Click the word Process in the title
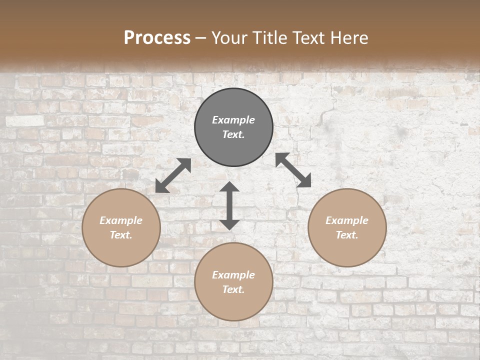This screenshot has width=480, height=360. [157, 38]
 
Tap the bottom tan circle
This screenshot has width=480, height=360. [233, 305]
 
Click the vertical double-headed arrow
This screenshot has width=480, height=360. [229, 205]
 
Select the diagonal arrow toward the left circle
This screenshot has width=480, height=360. [173, 175]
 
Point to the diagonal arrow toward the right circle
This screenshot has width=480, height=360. [293, 170]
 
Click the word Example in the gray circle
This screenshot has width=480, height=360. [233, 120]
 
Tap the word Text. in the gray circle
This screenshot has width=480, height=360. [233, 134]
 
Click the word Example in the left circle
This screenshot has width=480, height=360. [121, 220]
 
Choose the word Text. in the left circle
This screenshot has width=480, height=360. [121, 235]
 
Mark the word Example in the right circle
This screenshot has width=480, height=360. [347, 220]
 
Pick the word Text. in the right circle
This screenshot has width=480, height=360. [347, 235]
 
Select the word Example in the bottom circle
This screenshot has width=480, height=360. [233, 275]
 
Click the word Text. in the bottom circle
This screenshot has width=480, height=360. [233, 289]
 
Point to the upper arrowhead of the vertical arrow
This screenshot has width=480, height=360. [229, 187]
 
